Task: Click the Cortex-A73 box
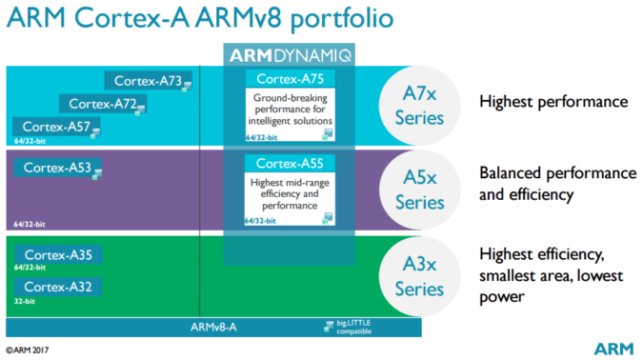point(149,81)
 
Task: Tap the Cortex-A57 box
point(54,126)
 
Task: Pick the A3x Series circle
point(420,276)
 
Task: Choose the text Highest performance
point(553,101)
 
